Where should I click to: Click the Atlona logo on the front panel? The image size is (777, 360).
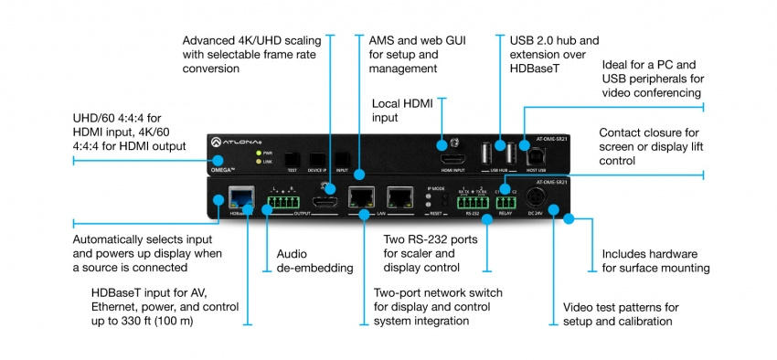click(232, 143)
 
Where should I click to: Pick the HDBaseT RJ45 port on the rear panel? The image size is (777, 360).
click(242, 195)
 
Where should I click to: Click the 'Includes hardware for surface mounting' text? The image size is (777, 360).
click(655, 260)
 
